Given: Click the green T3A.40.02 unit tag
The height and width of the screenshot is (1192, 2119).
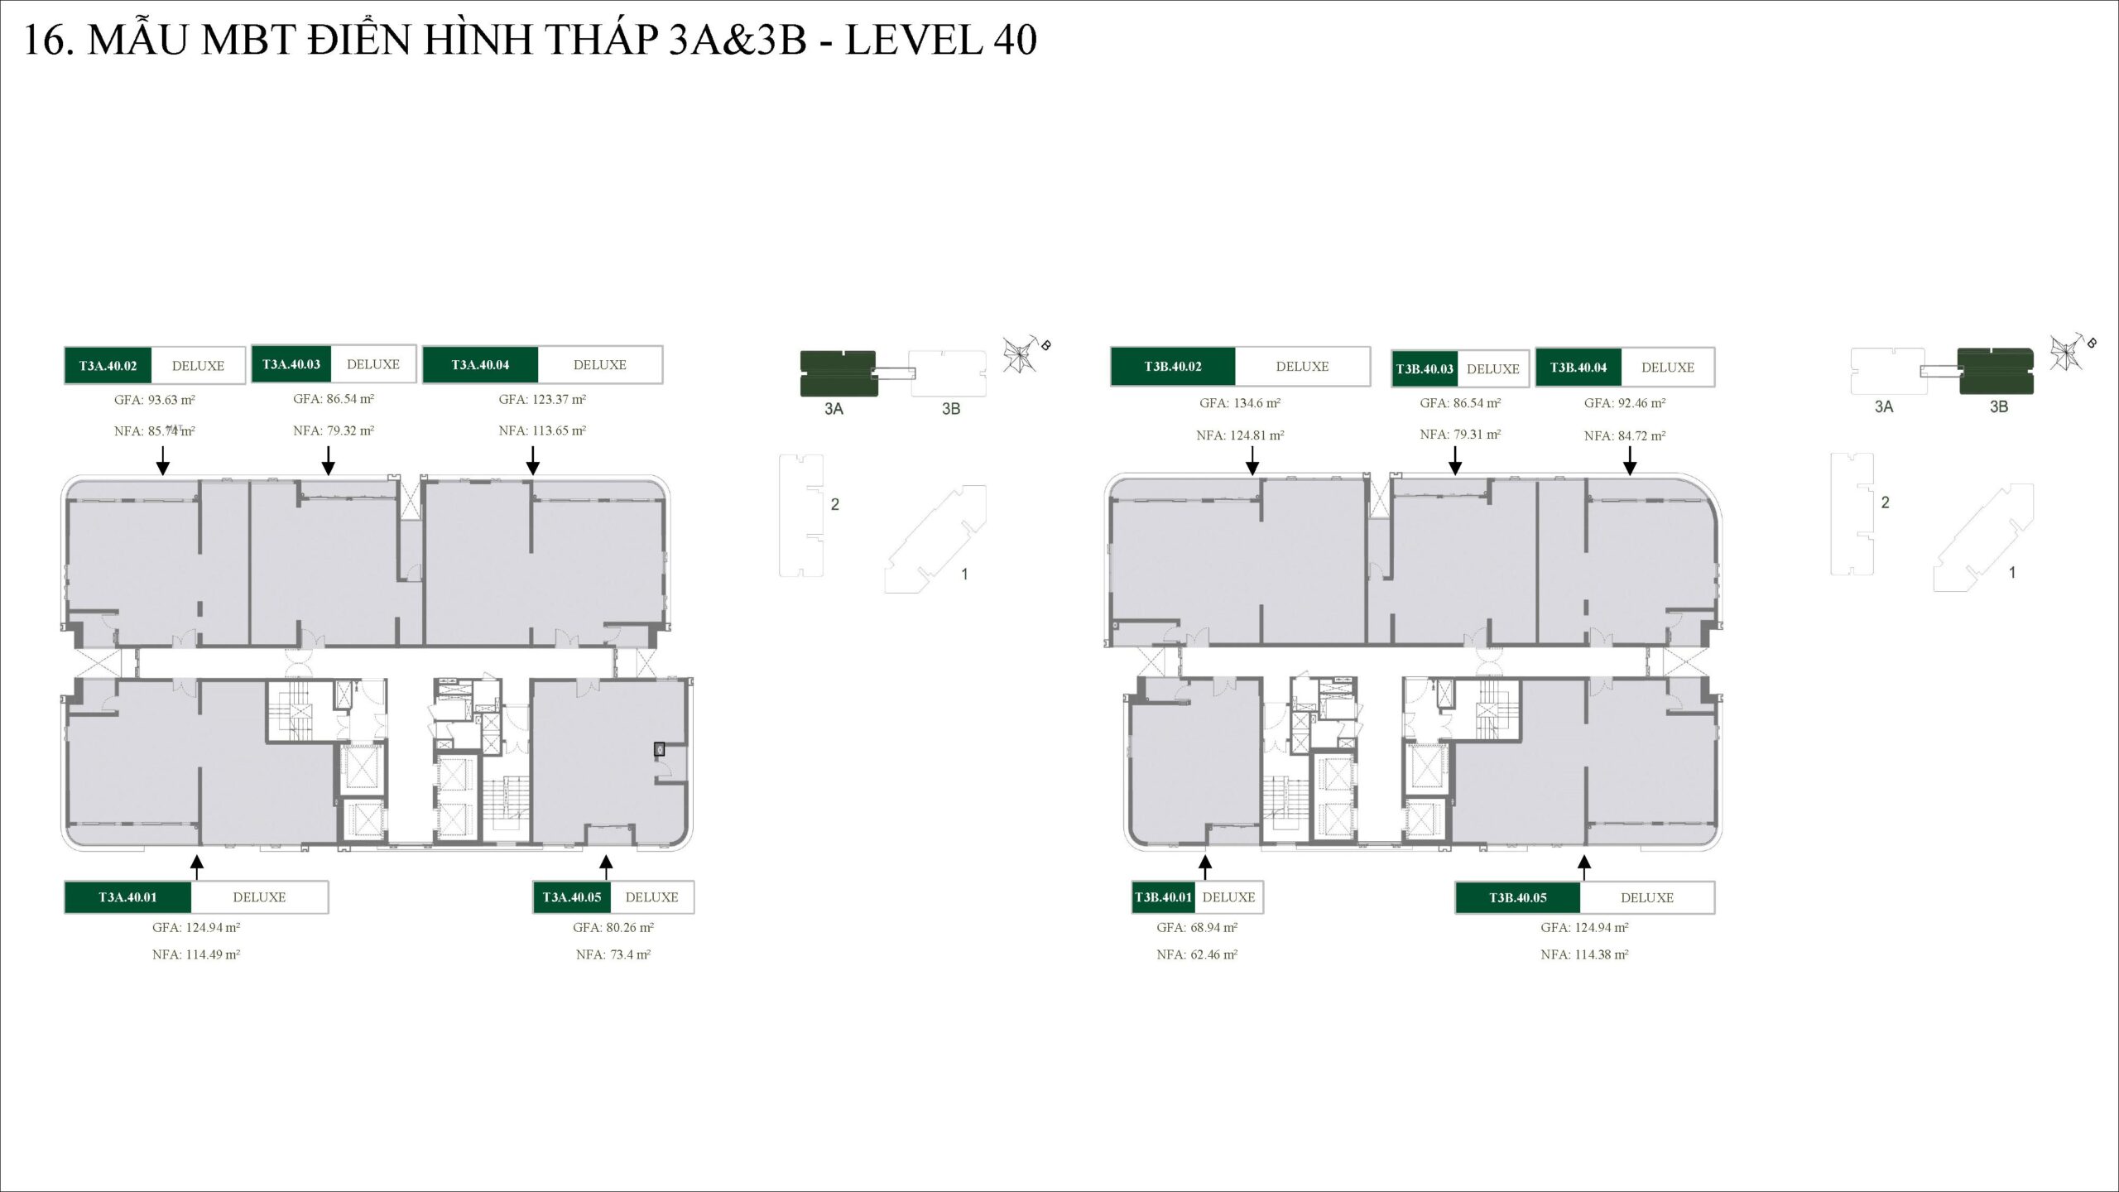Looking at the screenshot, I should click(x=108, y=366).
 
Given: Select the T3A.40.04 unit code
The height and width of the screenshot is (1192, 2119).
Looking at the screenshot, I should click(x=480, y=365).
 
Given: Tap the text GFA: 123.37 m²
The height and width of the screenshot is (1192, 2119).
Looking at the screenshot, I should click(x=542, y=400).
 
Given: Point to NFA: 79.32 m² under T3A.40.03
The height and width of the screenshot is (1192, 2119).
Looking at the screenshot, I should click(x=334, y=430).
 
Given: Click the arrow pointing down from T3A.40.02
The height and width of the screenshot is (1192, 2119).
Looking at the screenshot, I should click(x=163, y=460).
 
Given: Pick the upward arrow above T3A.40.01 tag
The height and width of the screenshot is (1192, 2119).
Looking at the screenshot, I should click(x=196, y=867).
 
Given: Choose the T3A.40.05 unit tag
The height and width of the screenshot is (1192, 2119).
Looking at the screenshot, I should click(x=572, y=897).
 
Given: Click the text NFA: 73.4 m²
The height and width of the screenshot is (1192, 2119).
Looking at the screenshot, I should click(x=613, y=954).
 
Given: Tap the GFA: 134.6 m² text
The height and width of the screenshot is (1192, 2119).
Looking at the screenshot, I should click(x=1240, y=403).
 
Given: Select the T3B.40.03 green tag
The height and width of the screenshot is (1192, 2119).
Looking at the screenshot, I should click(x=1425, y=369).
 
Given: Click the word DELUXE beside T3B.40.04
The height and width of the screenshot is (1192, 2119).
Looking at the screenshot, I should click(x=1667, y=368).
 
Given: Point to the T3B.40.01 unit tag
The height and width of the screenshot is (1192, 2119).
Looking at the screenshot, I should click(x=1164, y=897).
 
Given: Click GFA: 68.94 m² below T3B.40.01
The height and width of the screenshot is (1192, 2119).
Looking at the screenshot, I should click(x=1197, y=928).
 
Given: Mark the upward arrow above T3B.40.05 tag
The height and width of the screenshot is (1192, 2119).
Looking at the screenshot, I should click(x=1583, y=867).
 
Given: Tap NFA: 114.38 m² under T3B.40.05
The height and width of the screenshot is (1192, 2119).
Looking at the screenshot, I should click(x=1584, y=954).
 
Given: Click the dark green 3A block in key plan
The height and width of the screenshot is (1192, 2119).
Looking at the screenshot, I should click(x=838, y=374).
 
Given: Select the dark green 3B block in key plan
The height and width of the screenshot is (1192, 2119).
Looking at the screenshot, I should click(x=1995, y=371).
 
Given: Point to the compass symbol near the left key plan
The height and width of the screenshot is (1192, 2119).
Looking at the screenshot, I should click(x=1020, y=355).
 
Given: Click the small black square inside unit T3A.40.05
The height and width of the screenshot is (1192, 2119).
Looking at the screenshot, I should click(x=660, y=749).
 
